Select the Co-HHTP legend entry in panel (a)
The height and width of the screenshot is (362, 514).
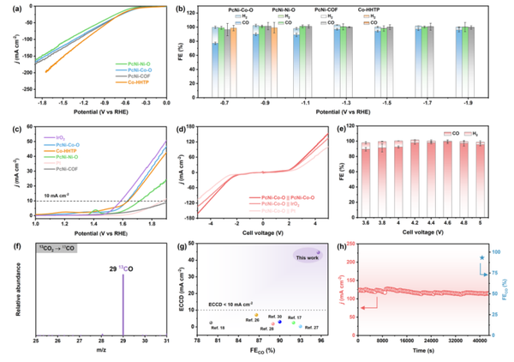coord(140,82)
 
